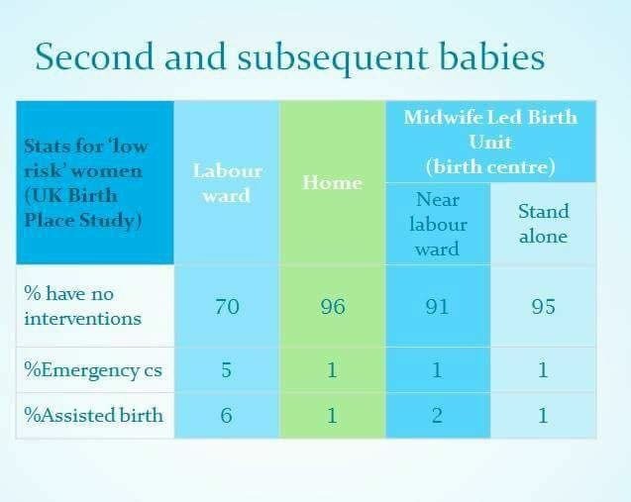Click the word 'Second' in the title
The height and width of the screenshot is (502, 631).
pos(94,56)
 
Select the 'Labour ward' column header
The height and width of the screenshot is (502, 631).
pos(228,183)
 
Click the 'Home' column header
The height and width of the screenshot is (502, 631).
pos(332,182)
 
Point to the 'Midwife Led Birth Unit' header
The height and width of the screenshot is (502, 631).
pos(490,142)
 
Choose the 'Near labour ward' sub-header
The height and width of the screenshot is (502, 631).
pos(438,224)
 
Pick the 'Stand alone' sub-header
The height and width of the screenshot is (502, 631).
pos(543,224)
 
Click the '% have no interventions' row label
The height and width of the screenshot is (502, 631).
pos(82,306)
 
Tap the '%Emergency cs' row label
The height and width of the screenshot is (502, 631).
pos(93,370)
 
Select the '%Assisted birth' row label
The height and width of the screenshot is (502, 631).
pos(93,415)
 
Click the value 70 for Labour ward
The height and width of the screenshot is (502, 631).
pos(227,307)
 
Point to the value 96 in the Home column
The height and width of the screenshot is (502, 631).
pos(333,307)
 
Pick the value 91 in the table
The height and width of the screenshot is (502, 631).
pos(438,307)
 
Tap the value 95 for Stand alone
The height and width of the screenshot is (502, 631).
pos(543,307)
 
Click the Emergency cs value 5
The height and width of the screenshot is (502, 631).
pos(227,369)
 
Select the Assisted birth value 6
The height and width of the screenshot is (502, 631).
pos(227,415)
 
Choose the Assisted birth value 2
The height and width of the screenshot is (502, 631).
pos(438,415)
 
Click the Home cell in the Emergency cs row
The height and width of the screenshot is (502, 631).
pos(332,369)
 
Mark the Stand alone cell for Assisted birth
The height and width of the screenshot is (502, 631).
pos(543,415)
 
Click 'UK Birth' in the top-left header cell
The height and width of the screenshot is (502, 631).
pos(71,196)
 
